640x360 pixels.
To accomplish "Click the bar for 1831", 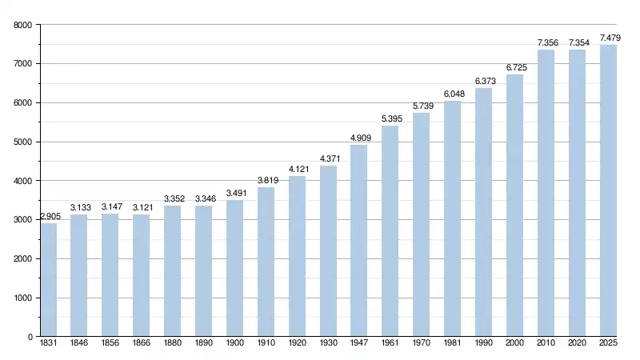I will click(x=48, y=280).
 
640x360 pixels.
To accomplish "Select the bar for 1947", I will click(x=359, y=241).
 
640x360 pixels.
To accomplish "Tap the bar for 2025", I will click(x=608, y=190).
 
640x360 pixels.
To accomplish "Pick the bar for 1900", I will click(x=234, y=268).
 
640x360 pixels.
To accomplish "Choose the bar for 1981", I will click(x=453, y=218).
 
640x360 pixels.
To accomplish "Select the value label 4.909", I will click(x=359, y=138).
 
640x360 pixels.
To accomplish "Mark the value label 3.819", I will click(x=266, y=181).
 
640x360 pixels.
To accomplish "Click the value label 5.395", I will click(x=390, y=119).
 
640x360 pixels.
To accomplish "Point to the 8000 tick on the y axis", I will click(x=22, y=25).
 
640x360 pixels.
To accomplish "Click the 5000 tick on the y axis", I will click(x=22, y=142).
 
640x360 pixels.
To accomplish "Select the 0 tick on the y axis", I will click(x=29, y=337).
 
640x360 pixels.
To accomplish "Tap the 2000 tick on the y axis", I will click(x=22, y=259).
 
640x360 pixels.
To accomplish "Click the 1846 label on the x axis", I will click(x=79, y=344).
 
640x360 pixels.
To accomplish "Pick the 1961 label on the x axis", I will click(x=390, y=344).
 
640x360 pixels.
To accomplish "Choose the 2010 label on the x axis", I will click(x=546, y=344).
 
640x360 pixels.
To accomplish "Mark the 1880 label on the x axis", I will click(x=172, y=344).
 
